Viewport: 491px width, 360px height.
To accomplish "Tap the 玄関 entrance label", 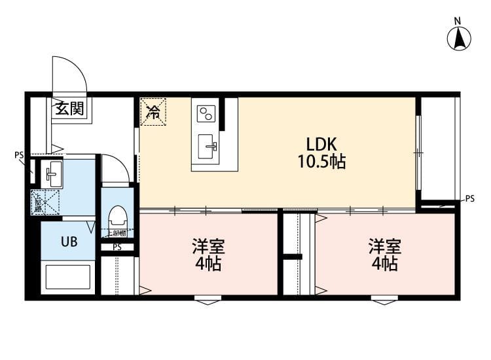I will (x=68, y=109).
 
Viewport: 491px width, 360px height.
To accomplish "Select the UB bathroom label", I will (x=69, y=242).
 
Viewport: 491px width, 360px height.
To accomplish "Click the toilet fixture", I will (x=118, y=215).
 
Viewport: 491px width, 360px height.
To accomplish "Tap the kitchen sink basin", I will (x=209, y=145).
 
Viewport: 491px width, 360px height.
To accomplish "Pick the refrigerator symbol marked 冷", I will (x=153, y=111).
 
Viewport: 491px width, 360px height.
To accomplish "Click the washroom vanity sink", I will (x=52, y=174).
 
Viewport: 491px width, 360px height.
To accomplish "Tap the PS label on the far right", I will (x=470, y=198).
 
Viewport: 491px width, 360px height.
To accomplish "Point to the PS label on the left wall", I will (x=19, y=156).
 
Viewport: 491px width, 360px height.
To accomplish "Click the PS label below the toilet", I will (x=117, y=247).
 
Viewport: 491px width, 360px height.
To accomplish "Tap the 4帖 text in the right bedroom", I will (x=384, y=265).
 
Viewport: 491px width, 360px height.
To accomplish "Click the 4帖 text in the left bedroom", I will (x=208, y=265).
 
